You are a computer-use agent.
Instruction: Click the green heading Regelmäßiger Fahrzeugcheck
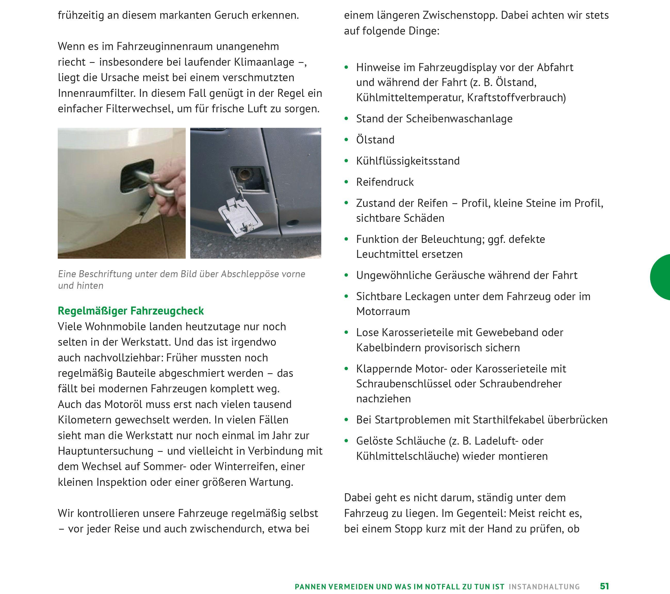tap(130, 311)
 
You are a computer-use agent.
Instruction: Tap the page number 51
tap(604, 586)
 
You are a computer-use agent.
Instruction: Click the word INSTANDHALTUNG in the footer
tap(544, 587)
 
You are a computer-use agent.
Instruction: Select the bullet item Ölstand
tap(375, 140)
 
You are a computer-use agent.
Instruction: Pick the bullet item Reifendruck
tap(385, 182)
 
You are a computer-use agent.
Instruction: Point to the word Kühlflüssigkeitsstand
tap(408, 161)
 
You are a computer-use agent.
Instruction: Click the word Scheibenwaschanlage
tap(459, 118)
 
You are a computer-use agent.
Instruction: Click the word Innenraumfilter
tap(97, 93)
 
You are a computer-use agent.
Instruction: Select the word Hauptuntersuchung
tap(105, 451)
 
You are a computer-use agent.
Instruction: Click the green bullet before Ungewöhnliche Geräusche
tap(346, 275)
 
